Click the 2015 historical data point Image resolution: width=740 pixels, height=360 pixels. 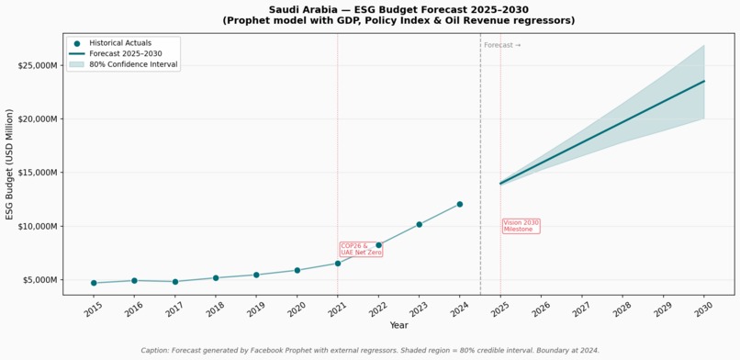[94, 283]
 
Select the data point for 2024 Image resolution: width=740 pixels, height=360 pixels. [460, 204]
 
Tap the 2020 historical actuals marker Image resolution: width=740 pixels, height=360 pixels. [297, 270]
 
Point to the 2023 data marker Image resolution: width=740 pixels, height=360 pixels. [419, 225]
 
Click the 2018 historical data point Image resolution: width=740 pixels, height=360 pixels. [216, 278]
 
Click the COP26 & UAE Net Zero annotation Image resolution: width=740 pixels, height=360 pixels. [361, 249]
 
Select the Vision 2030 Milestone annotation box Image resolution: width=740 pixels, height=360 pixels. [521, 226]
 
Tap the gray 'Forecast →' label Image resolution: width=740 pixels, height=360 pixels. [502, 45]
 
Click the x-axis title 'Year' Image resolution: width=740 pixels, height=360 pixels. [398, 325]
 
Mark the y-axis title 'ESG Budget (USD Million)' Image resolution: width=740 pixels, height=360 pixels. [10, 164]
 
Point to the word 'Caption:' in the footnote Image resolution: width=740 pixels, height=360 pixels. [155, 351]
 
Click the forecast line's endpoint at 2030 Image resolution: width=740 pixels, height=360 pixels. [704, 81]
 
